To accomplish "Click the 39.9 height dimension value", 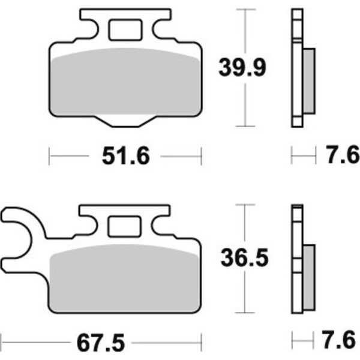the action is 242,67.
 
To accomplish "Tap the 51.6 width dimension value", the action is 126,156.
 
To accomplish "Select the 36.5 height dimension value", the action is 245,257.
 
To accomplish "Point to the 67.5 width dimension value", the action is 101,343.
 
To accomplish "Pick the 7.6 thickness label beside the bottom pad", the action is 339,340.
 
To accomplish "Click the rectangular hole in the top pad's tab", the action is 125,30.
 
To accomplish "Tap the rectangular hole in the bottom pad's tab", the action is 124,226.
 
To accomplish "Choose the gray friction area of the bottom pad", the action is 124,278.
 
